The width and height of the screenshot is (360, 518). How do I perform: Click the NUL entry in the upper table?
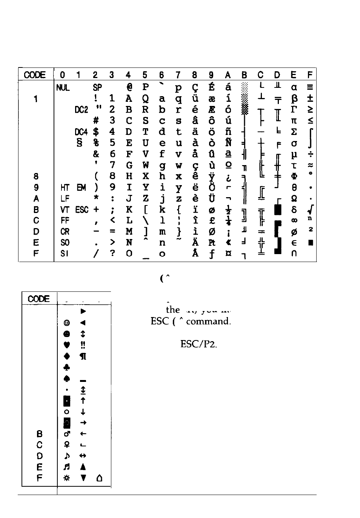click(63, 88)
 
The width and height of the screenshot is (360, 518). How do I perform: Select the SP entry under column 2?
click(97, 88)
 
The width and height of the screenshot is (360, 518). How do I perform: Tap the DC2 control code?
click(81, 110)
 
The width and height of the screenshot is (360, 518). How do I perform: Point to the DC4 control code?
click(81, 132)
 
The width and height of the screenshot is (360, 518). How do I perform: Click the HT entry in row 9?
click(64, 188)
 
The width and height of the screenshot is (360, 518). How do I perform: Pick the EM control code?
click(81, 188)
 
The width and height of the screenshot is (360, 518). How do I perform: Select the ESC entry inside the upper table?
click(82, 210)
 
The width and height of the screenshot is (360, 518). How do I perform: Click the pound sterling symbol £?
click(212, 221)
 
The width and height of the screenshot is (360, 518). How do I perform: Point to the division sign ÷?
click(310, 155)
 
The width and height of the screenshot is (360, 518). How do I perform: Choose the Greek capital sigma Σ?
click(294, 132)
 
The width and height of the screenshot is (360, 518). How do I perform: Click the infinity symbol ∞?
click(294, 221)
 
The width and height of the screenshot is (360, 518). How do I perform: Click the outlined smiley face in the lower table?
click(66, 323)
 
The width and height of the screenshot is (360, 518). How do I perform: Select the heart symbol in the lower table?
click(66, 345)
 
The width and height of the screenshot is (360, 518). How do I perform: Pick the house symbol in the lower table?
click(100, 478)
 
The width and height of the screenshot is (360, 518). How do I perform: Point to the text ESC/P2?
click(199, 344)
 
